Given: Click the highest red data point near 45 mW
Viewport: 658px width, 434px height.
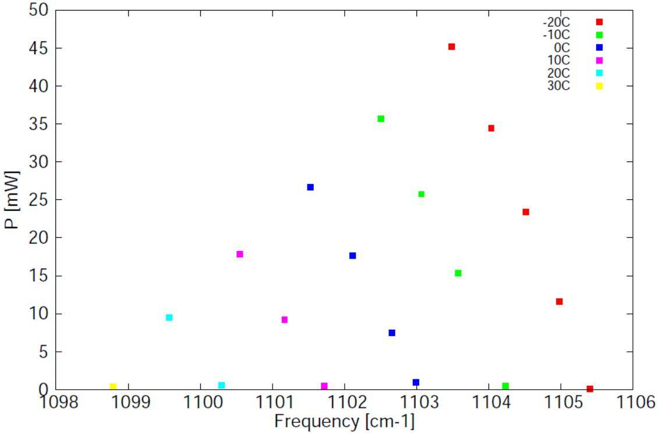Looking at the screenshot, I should (451, 47).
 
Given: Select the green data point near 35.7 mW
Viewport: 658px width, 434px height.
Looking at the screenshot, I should (381, 119).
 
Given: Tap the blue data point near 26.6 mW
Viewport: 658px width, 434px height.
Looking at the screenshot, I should (310, 187).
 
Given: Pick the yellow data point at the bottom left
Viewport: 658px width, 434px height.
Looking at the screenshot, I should (113, 387).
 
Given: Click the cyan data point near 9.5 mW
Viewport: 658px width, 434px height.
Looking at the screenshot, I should (169, 317).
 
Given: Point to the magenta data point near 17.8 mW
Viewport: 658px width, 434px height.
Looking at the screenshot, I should (239, 254).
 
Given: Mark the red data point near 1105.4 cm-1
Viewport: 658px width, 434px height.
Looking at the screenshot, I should (590, 389).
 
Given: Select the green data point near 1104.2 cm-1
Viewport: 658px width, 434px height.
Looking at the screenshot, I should (505, 386).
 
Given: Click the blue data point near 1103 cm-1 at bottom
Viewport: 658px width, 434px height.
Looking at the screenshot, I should (416, 383).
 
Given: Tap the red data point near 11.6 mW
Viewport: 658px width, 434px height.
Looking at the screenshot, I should (559, 302).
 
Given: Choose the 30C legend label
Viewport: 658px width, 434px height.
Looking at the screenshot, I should (558, 86).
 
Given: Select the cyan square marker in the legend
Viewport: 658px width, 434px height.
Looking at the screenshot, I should (599, 73).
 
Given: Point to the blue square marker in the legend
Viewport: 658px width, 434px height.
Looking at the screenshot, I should (599, 48).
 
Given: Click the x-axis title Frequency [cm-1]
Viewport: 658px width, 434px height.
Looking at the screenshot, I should (344, 421).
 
